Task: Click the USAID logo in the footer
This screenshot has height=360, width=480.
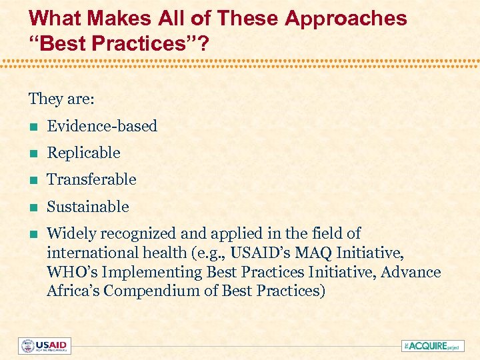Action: pyautogui.click(x=45, y=346)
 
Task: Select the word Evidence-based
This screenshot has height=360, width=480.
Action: pyautogui.click(x=102, y=126)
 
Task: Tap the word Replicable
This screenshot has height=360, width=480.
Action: pyautogui.click(x=83, y=153)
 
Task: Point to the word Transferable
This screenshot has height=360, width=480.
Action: pyautogui.click(x=91, y=179)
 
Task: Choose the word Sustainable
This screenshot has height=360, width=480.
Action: pyautogui.click(x=88, y=207)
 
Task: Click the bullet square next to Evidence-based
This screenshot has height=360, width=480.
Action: pyautogui.click(x=32, y=127)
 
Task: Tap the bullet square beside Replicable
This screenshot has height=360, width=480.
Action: pyautogui.click(x=32, y=153)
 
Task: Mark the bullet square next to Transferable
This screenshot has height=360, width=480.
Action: pyautogui.click(x=32, y=180)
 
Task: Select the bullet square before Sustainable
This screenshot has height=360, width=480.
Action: pyautogui.click(x=32, y=207)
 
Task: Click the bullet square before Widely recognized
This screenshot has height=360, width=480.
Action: pyautogui.click(x=32, y=234)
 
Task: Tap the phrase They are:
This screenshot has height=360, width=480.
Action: pyautogui.click(x=61, y=99)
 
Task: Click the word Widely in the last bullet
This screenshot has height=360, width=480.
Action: pyautogui.click(x=69, y=233)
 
